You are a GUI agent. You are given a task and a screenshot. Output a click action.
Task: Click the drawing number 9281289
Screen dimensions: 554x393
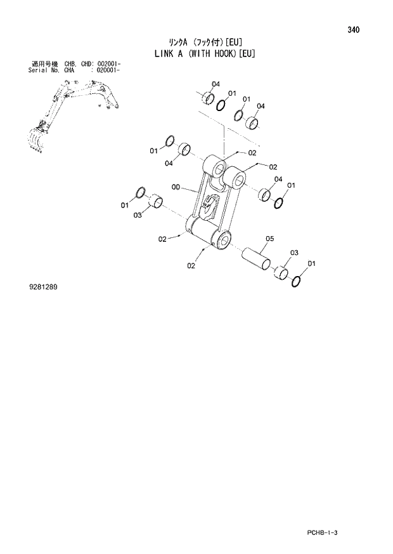pos(43,287)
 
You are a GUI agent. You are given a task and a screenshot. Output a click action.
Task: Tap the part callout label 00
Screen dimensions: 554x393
pos(176,187)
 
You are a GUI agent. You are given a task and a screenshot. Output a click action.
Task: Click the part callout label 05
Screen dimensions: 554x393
pos(269,239)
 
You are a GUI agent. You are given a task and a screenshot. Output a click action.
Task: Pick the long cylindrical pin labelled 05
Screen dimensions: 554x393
pos(256,260)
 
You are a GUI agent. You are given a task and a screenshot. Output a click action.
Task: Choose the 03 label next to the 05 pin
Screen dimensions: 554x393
pos(293,253)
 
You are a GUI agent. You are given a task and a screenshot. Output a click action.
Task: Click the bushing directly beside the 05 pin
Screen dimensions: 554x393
pos(280,273)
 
